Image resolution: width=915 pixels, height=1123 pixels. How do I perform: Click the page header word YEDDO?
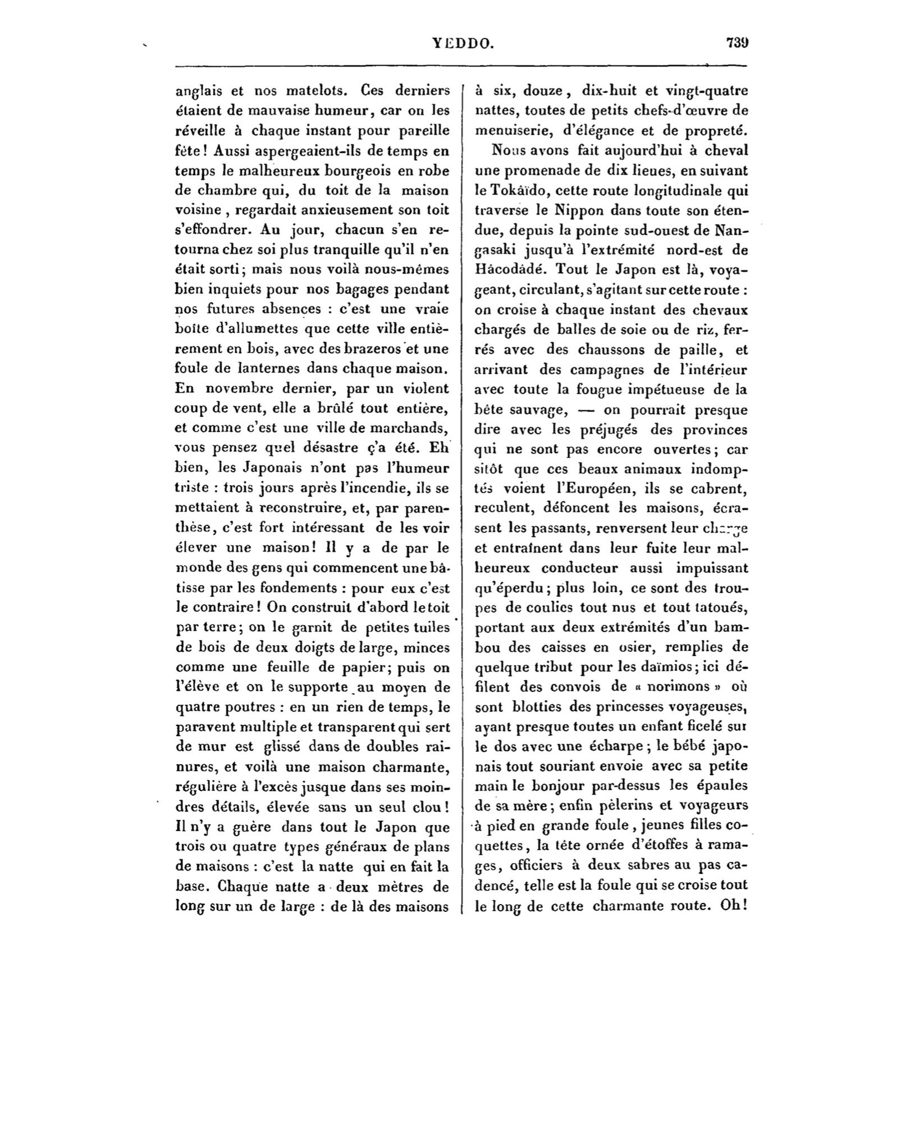tap(463, 43)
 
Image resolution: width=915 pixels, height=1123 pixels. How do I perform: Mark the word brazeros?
tap(376, 349)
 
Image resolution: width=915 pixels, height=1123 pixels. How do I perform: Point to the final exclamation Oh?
tap(736, 905)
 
